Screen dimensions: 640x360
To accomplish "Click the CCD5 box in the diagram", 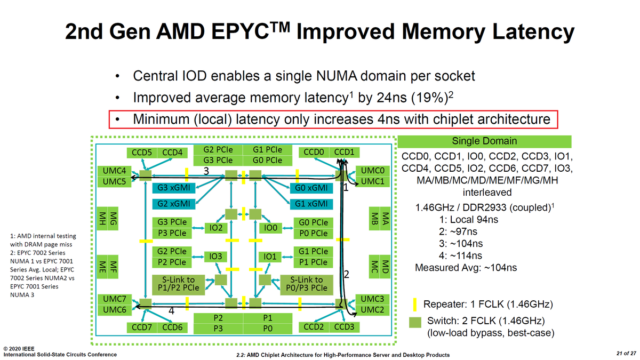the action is tap(142, 153).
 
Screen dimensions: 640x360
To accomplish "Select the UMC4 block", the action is tap(114, 171).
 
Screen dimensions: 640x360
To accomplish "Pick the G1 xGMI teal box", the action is tap(311, 204).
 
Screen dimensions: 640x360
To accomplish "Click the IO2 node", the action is tap(215, 228).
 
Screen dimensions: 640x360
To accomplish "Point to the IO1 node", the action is tap(270, 257).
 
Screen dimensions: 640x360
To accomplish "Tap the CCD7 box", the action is tap(142, 327).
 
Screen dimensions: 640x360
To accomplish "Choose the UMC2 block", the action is tap(372, 310).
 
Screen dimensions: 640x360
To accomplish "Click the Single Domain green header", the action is tap(485, 141).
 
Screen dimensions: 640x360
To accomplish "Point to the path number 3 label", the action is tap(206, 171).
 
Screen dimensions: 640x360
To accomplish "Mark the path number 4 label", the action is tap(171, 310).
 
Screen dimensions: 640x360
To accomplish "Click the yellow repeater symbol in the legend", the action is tap(415, 305).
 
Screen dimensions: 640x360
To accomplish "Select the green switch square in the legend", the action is tap(415, 323).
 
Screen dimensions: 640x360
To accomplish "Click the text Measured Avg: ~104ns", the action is tap(466, 268).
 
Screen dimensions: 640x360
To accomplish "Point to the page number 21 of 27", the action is tap(626, 354).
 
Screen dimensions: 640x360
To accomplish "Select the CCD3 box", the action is tap(344, 327).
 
